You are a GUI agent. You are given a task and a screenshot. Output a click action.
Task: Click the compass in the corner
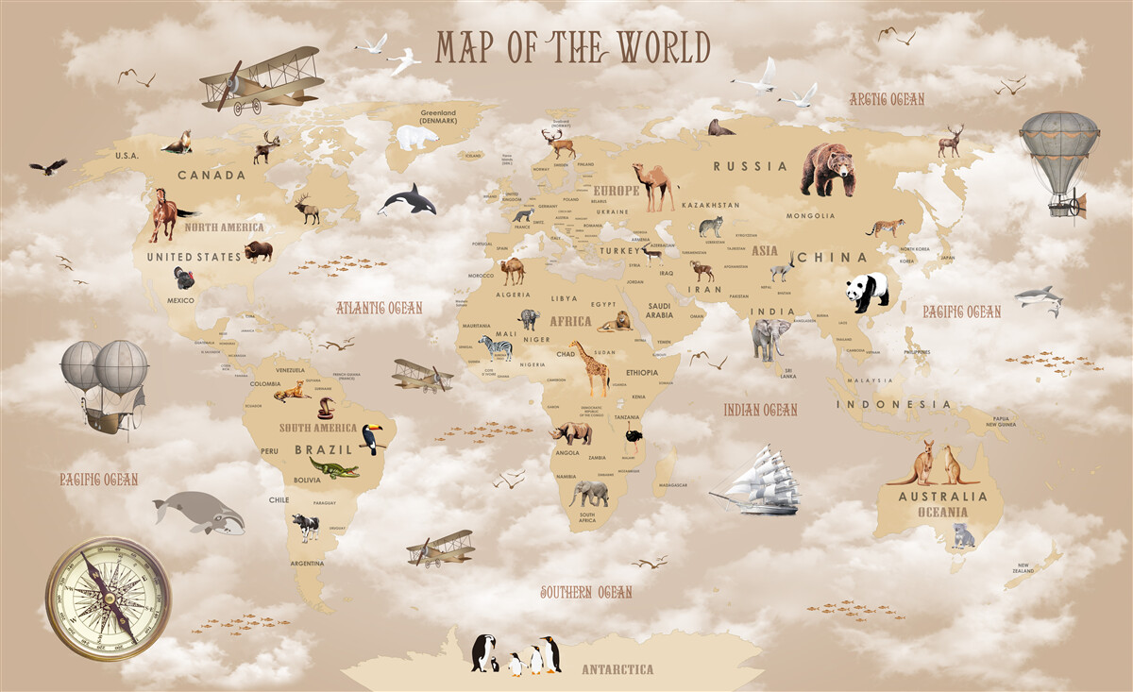tap(108, 599)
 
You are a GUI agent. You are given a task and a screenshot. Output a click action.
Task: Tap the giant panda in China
tap(866, 292)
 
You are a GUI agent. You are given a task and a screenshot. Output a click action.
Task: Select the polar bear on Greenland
tap(416, 138)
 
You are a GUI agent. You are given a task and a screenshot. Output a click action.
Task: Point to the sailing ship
tap(757, 481)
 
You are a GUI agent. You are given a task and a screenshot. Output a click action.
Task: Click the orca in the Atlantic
tap(409, 199)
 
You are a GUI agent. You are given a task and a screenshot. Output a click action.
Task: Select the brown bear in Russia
tap(827, 169)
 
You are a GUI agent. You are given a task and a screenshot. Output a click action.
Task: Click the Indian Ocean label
tap(760, 410)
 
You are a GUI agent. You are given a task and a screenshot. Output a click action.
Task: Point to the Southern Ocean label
tap(585, 592)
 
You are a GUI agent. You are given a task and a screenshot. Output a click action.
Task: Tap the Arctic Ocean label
tap(886, 99)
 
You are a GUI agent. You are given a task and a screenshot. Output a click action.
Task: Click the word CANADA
tap(211, 175)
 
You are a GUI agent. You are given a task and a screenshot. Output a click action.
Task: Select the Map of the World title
tap(572, 47)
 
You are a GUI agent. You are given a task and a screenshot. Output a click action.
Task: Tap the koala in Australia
tap(962, 535)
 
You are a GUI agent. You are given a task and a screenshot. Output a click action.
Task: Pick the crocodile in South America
tap(334, 468)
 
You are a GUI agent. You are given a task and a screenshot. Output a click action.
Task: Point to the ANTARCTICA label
tap(617, 669)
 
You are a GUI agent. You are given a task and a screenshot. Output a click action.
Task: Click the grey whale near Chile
tap(198, 513)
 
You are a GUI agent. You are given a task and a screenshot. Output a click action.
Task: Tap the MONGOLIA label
tap(811, 215)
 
